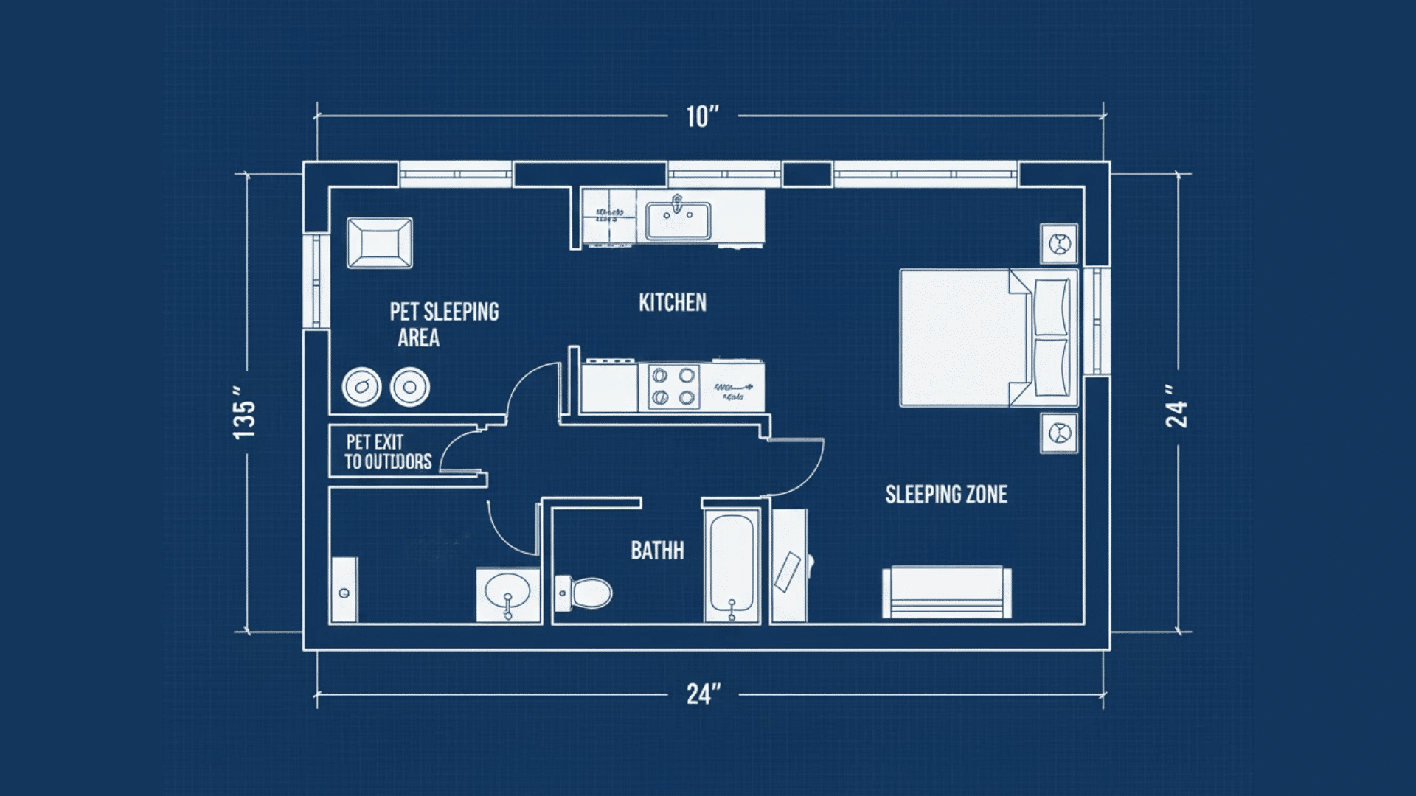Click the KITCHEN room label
tap(672, 303)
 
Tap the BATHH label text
tap(656, 551)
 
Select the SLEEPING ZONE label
tap(946, 495)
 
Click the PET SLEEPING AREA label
tap(443, 324)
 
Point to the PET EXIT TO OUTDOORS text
tap(388, 452)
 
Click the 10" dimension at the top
tap(701, 117)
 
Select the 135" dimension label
tap(244, 412)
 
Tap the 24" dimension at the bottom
tap(703, 694)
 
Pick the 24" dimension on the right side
tap(1176, 406)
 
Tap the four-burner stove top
tap(673, 387)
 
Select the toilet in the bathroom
tap(586, 593)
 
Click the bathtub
tap(732, 565)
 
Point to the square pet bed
tap(380, 242)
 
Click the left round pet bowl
tap(361, 387)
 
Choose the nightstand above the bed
tap(1059, 243)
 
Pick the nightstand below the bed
tap(1059, 433)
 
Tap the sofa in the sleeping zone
tap(946, 593)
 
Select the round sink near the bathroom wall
tap(507, 592)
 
